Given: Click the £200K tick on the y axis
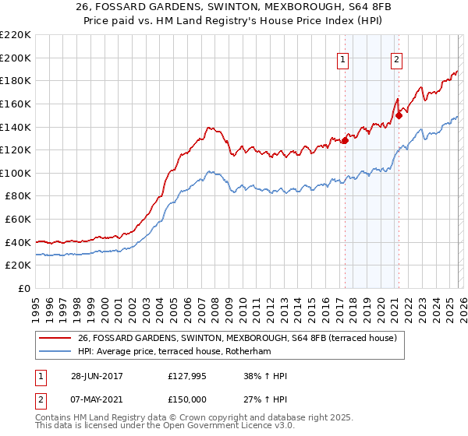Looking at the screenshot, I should click(x=16, y=58).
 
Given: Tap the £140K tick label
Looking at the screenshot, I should click(x=16, y=127).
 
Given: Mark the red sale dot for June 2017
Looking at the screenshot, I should click(x=345, y=141).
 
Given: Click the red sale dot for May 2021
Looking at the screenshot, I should click(x=398, y=115).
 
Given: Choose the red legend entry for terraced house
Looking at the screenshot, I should click(x=237, y=338).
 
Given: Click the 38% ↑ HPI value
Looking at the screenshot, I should click(x=265, y=377).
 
